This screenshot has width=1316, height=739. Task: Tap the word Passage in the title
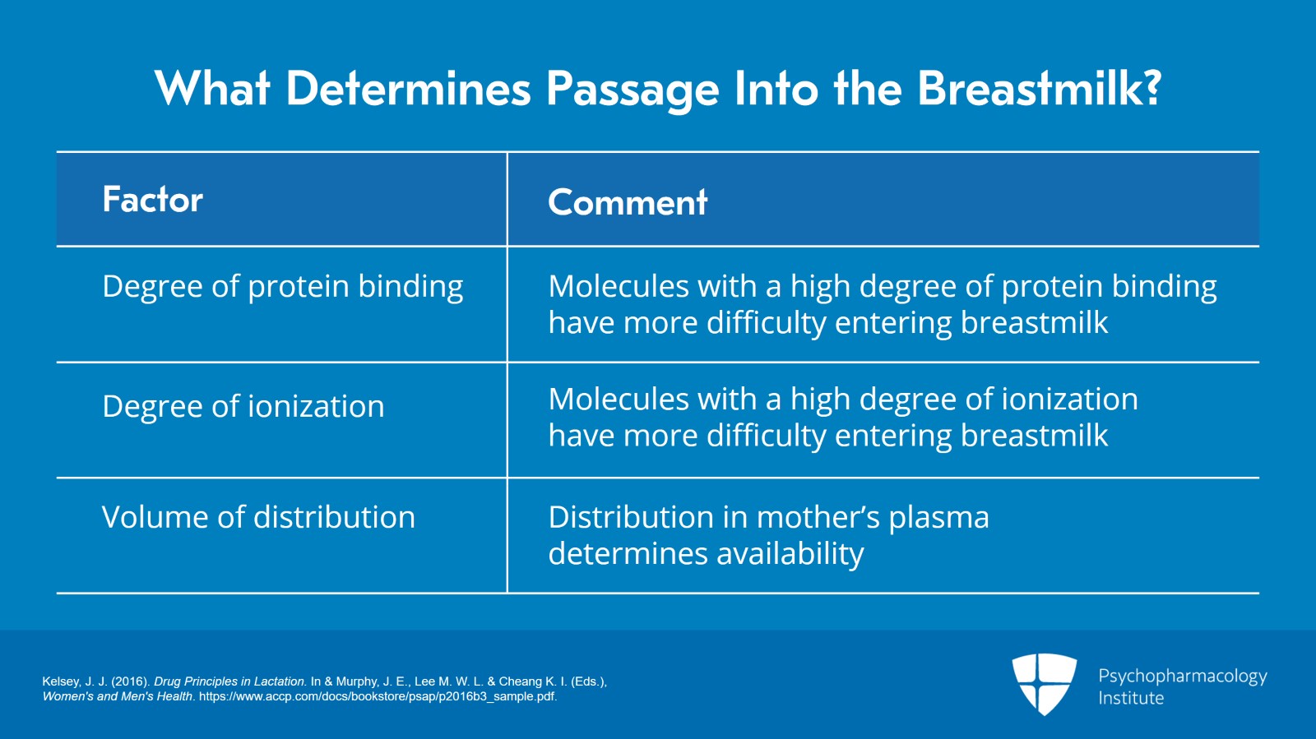(632, 90)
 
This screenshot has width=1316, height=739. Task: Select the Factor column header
(153, 200)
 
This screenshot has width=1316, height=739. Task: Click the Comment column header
(628, 202)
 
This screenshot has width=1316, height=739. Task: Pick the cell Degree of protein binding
(282, 287)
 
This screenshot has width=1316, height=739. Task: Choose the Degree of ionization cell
(243, 406)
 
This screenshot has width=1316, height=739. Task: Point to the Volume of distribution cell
(258, 517)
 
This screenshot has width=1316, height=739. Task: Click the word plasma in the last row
(938, 518)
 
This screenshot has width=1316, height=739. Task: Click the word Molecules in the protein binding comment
(619, 286)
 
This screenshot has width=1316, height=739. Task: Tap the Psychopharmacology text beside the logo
(1182, 676)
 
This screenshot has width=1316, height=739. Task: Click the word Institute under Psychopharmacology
(1131, 698)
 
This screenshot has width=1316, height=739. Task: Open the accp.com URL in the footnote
(378, 696)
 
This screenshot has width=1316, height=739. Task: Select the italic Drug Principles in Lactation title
(229, 681)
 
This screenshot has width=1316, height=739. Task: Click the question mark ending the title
(1152, 87)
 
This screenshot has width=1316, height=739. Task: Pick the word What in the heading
(212, 88)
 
